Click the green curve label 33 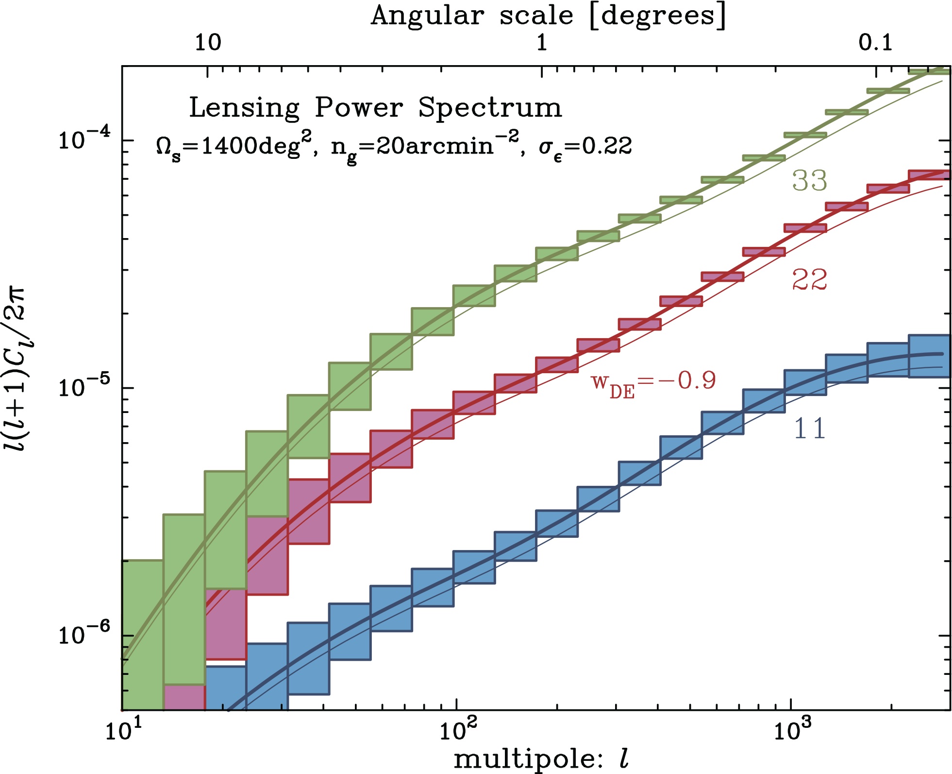[809, 181]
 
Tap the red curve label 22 [809, 280]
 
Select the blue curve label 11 [809, 429]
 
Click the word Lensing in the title [244, 107]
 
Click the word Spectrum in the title [490, 107]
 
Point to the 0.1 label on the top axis [875, 43]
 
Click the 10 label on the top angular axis [208, 43]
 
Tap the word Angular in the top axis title [428, 16]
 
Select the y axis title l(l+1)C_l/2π [17, 369]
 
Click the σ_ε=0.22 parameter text [585, 146]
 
